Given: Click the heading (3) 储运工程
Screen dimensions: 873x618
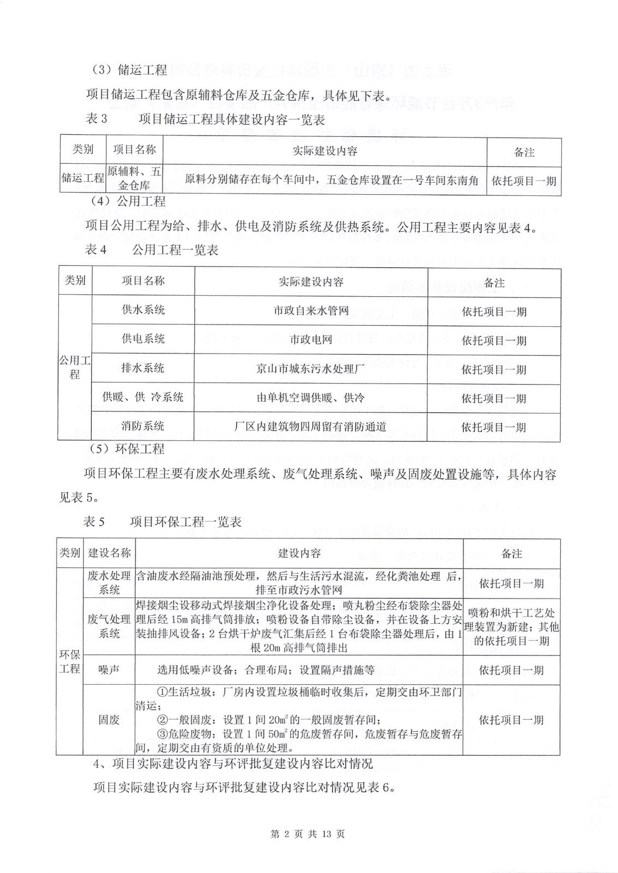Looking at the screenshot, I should click(128, 70).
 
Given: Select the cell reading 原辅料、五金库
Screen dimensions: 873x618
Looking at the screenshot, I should click(134, 178).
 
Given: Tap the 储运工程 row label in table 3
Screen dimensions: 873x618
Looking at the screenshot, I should click(83, 178).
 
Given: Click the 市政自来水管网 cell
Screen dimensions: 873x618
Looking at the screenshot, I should click(311, 311).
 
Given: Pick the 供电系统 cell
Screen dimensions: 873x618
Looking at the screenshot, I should click(143, 339).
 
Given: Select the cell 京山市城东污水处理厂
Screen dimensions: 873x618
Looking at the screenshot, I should click(311, 369).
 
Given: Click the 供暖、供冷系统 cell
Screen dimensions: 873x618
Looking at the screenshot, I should click(143, 397).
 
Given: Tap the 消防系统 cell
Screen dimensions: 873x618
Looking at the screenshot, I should click(143, 426).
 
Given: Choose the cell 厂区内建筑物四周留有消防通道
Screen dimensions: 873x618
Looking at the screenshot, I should click(311, 426).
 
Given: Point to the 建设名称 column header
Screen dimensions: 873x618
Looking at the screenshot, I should click(110, 553).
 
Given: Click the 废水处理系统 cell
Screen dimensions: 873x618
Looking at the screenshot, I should click(110, 583).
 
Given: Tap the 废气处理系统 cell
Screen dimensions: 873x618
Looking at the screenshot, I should click(110, 626).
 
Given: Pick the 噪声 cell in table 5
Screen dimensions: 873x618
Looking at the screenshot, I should click(109, 669).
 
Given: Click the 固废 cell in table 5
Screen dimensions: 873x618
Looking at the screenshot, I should click(109, 720).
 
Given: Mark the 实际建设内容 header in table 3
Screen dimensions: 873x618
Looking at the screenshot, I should click(325, 151).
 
